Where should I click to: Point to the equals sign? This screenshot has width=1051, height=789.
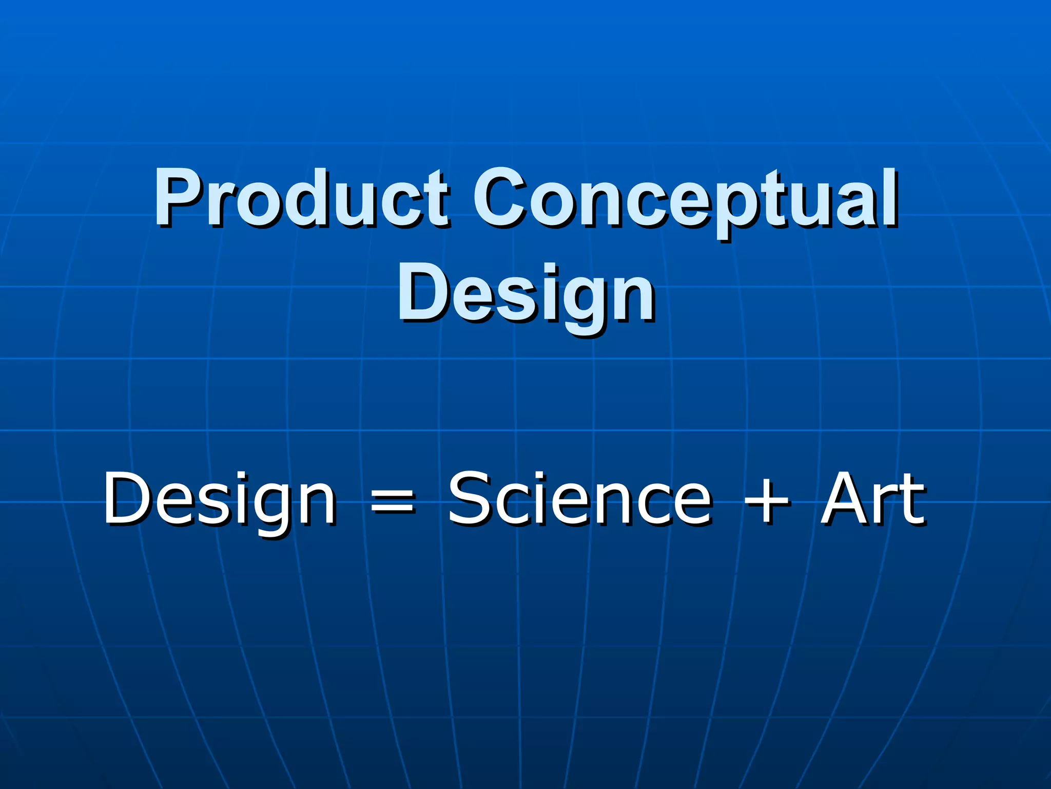392,500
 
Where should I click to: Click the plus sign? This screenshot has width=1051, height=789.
767,500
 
